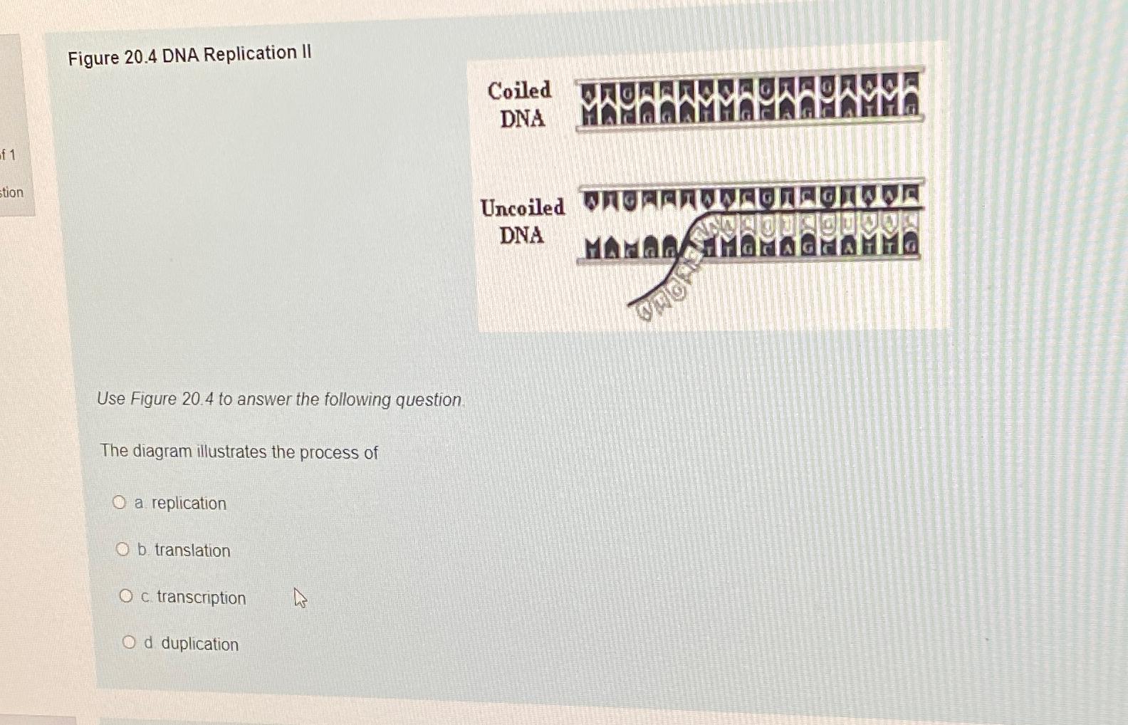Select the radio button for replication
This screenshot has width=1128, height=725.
[119, 503]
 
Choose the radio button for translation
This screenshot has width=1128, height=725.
[122, 549]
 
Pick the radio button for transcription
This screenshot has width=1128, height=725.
[126, 596]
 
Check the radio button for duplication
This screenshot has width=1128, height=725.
[129, 643]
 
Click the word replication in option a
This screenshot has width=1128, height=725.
[189, 504]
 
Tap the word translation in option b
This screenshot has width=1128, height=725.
[192, 551]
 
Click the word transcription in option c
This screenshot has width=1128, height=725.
[201, 598]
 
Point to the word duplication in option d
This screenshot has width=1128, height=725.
[199, 644]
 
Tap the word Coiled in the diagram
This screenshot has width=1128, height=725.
[519, 90]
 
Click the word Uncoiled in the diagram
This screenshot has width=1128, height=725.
[522, 207]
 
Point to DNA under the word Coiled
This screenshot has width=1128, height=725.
[522, 118]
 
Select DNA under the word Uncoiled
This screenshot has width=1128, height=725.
[521, 235]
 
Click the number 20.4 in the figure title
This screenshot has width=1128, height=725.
[140, 56]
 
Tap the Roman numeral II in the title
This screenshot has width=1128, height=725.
[306, 52]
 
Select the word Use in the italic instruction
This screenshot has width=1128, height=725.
[111, 399]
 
